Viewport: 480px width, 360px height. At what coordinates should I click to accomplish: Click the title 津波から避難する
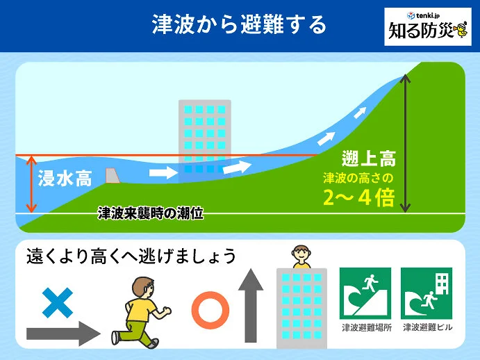pos(239,26)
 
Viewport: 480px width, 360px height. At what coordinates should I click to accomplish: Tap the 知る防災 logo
pos(427,27)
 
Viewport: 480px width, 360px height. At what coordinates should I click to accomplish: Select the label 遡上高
pos(368,158)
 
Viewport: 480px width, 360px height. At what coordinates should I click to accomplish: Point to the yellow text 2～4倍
pos(358,198)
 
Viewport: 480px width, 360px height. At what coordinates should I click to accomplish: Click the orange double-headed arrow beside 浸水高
pos(30,184)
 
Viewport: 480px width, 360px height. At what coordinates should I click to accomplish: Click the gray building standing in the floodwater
pos(204,139)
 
